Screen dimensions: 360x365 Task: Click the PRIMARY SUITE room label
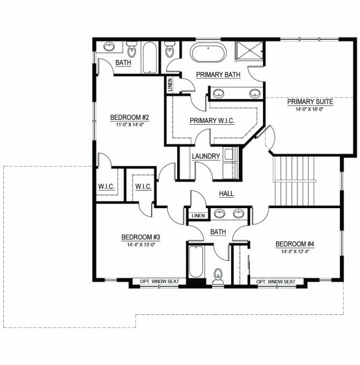pyautogui.click(x=310, y=101)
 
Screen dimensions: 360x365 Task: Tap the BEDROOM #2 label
pyautogui.click(x=130, y=117)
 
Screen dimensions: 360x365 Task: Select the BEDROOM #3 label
pyautogui.click(x=141, y=237)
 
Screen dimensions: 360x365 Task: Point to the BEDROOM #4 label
pyautogui.click(x=295, y=244)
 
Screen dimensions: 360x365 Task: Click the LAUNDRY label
pyautogui.click(x=206, y=156)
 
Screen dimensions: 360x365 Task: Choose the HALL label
pyautogui.click(x=227, y=193)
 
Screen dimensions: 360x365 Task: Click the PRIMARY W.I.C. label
pyautogui.click(x=212, y=121)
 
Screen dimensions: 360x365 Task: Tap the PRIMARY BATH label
pyautogui.click(x=218, y=75)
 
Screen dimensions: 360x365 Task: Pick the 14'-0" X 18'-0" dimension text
pyautogui.click(x=310, y=109)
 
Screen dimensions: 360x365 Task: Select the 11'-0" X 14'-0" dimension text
pyautogui.click(x=130, y=124)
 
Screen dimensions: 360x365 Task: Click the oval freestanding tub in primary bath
pyautogui.click(x=208, y=53)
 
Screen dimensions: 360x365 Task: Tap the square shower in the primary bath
pyautogui.click(x=249, y=51)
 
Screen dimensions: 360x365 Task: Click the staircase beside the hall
pyautogui.click(x=294, y=181)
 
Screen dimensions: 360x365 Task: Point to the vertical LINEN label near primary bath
pyautogui.click(x=170, y=85)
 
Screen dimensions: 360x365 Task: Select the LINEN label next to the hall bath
pyautogui.click(x=199, y=216)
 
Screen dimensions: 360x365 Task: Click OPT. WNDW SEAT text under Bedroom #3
pyautogui.click(x=159, y=282)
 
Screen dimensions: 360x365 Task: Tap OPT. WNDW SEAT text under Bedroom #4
pyautogui.click(x=276, y=282)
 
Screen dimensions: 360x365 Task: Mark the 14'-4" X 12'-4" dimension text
pyautogui.click(x=295, y=251)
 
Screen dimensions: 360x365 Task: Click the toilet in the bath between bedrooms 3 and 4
pyautogui.click(x=218, y=277)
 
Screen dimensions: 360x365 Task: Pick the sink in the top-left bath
pyautogui.click(x=109, y=47)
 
